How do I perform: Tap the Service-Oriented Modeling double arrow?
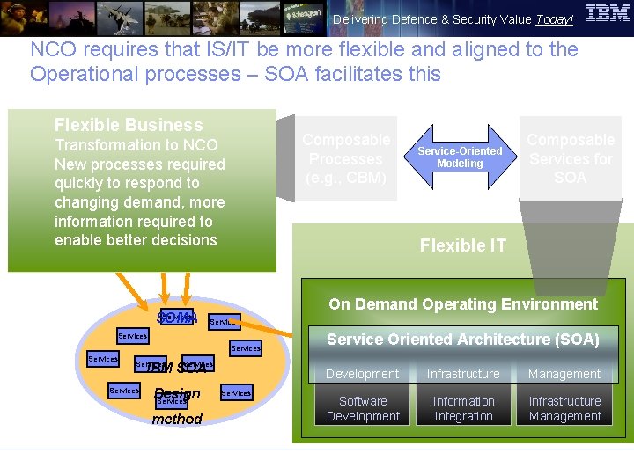pos(460,157)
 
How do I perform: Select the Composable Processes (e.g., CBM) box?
pos(345,158)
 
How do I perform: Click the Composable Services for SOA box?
pos(570,158)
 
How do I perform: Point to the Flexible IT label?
pos(463,246)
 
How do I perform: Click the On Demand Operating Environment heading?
pos(463,304)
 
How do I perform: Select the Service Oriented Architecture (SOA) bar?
pos(463,340)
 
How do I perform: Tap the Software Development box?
pos(363,409)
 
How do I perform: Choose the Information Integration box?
pos(464,409)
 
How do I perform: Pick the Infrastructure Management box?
pos(564,409)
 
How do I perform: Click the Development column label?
pos(363,374)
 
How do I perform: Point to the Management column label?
pos(564,374)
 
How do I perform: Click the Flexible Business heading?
pos(129,126)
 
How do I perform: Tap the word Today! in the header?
pos(555,20)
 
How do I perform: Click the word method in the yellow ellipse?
pos(177,420)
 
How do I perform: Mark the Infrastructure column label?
pos(464,374)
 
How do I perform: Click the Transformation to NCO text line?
pos(136,145)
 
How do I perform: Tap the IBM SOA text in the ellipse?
pos(176,368)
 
